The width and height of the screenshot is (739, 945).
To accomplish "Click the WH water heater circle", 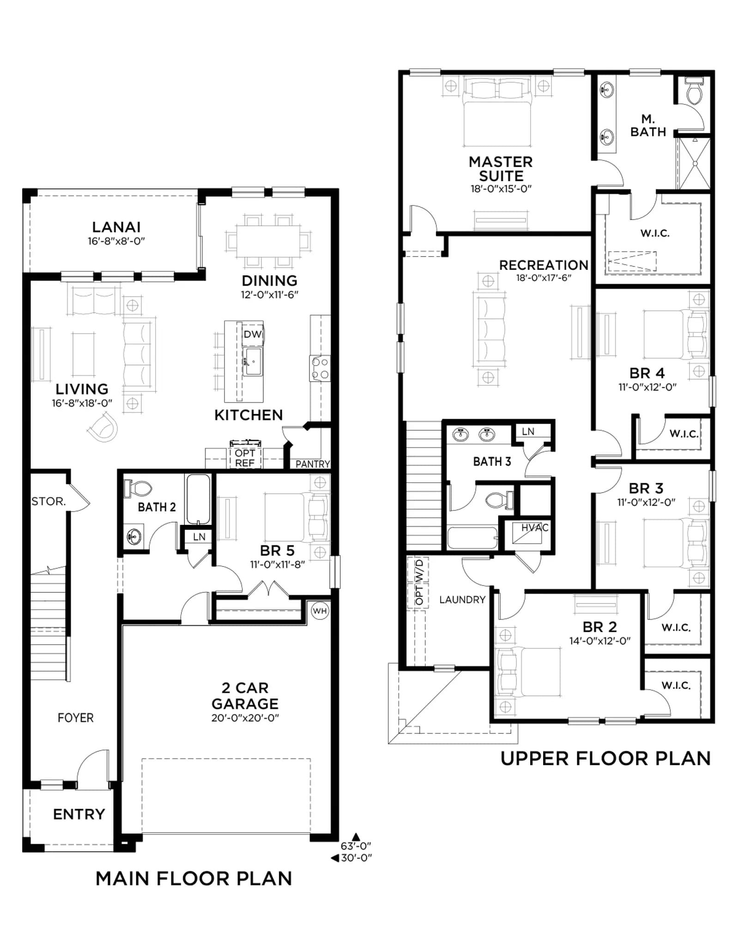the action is (320, 611).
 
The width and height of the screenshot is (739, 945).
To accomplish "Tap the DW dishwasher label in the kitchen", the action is (252, 334).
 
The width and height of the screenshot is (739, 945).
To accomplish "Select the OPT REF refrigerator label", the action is (245, 458).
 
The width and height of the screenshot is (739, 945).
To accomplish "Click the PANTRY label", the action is (313, 464).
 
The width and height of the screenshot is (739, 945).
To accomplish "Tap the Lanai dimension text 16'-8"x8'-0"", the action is (116, 241).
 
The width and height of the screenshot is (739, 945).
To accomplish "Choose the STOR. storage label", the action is (48, 501).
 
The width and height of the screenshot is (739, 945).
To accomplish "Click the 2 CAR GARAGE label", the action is (245, 695).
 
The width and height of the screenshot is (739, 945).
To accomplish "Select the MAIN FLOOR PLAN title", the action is (194, 878).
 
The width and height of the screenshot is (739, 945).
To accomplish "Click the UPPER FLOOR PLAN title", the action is (606, 758).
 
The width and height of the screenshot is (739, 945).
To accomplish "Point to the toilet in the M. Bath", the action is (694, 91).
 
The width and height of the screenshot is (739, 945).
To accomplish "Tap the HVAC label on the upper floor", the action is (535, 528).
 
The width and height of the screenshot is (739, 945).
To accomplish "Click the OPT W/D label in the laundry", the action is (419, 582).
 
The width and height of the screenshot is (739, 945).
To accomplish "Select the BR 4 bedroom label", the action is (647, 373).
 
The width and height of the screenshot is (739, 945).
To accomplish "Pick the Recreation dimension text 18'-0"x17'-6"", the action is (544, 278).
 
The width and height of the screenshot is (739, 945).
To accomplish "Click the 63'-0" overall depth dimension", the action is (356, 846).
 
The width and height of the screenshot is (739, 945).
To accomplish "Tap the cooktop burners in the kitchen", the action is (320, 368).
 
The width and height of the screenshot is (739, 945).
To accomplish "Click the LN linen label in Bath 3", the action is (528, 431).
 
